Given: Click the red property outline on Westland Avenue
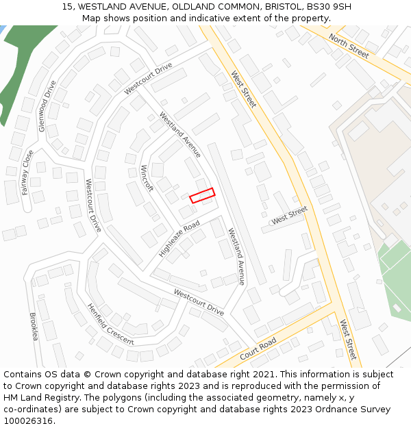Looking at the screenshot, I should point(202,195).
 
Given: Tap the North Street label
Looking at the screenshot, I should point(348,45).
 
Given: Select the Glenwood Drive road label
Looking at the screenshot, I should point(47,106).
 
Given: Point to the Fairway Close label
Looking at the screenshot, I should point(27,172).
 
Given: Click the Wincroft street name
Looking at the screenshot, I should point(147,178).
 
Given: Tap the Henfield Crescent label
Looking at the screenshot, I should point(110,324).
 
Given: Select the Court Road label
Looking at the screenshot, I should point(258,349).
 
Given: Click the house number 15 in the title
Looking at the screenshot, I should point(67,6).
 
